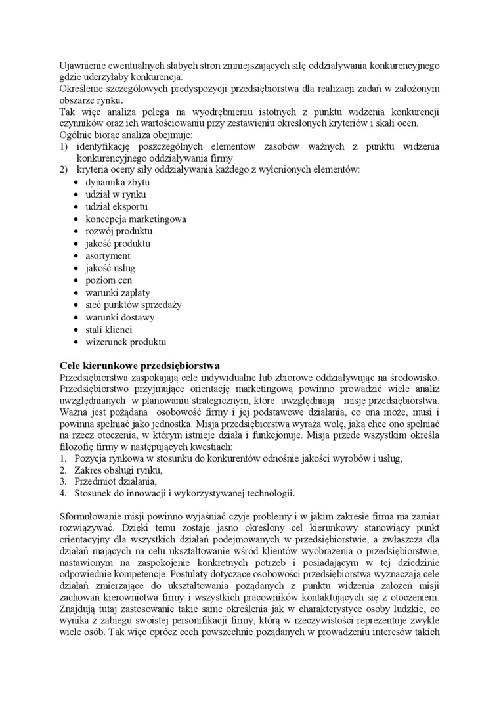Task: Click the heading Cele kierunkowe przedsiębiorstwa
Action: [x=139, y=365]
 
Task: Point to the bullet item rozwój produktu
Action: [x=119, y=231]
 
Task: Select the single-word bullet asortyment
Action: [x=108, y=255]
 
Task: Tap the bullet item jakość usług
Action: [x=110, y=268]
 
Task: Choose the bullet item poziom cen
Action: [x=109, y=280]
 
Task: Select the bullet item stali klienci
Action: [x=109, y=330]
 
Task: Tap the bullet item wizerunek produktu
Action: [x=126, y=342]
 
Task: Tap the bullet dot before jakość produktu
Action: [x=77, y=244]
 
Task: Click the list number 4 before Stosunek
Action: [x=62, y=494]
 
